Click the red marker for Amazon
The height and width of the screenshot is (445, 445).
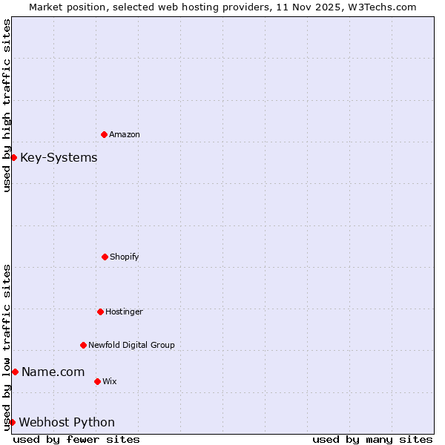[x=104, y=134]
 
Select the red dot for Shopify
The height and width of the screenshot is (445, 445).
[x=105, y=257]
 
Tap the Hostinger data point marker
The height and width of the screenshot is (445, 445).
[x=100, y=311]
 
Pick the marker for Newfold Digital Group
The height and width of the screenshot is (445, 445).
[x=83, y=345]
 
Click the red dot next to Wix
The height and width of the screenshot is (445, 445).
[x=97, y=381]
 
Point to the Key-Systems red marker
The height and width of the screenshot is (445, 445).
[x=13, y=157]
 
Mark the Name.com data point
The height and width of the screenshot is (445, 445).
[x=15, y=372]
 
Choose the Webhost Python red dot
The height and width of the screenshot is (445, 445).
[x=12, y=422]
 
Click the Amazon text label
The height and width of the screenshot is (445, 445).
[x=125, y=135]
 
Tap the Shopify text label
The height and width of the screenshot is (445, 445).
[x=125, y=257]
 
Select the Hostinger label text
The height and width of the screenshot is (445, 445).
[x=124, y=312]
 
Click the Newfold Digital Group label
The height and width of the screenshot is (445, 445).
[x=131, y=345]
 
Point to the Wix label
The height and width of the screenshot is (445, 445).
[x=110, y=382]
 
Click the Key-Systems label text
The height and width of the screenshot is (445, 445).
[x=59, y=157]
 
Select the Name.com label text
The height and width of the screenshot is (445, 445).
[x=53, y=372]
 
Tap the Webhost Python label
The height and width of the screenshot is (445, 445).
[x=67, y=422]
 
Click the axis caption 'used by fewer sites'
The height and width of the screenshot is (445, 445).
[x=76, y=439]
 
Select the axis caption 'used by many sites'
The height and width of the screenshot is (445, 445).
[x=372, y=439]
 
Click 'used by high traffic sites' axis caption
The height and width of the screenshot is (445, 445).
[x=7, y=105]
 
